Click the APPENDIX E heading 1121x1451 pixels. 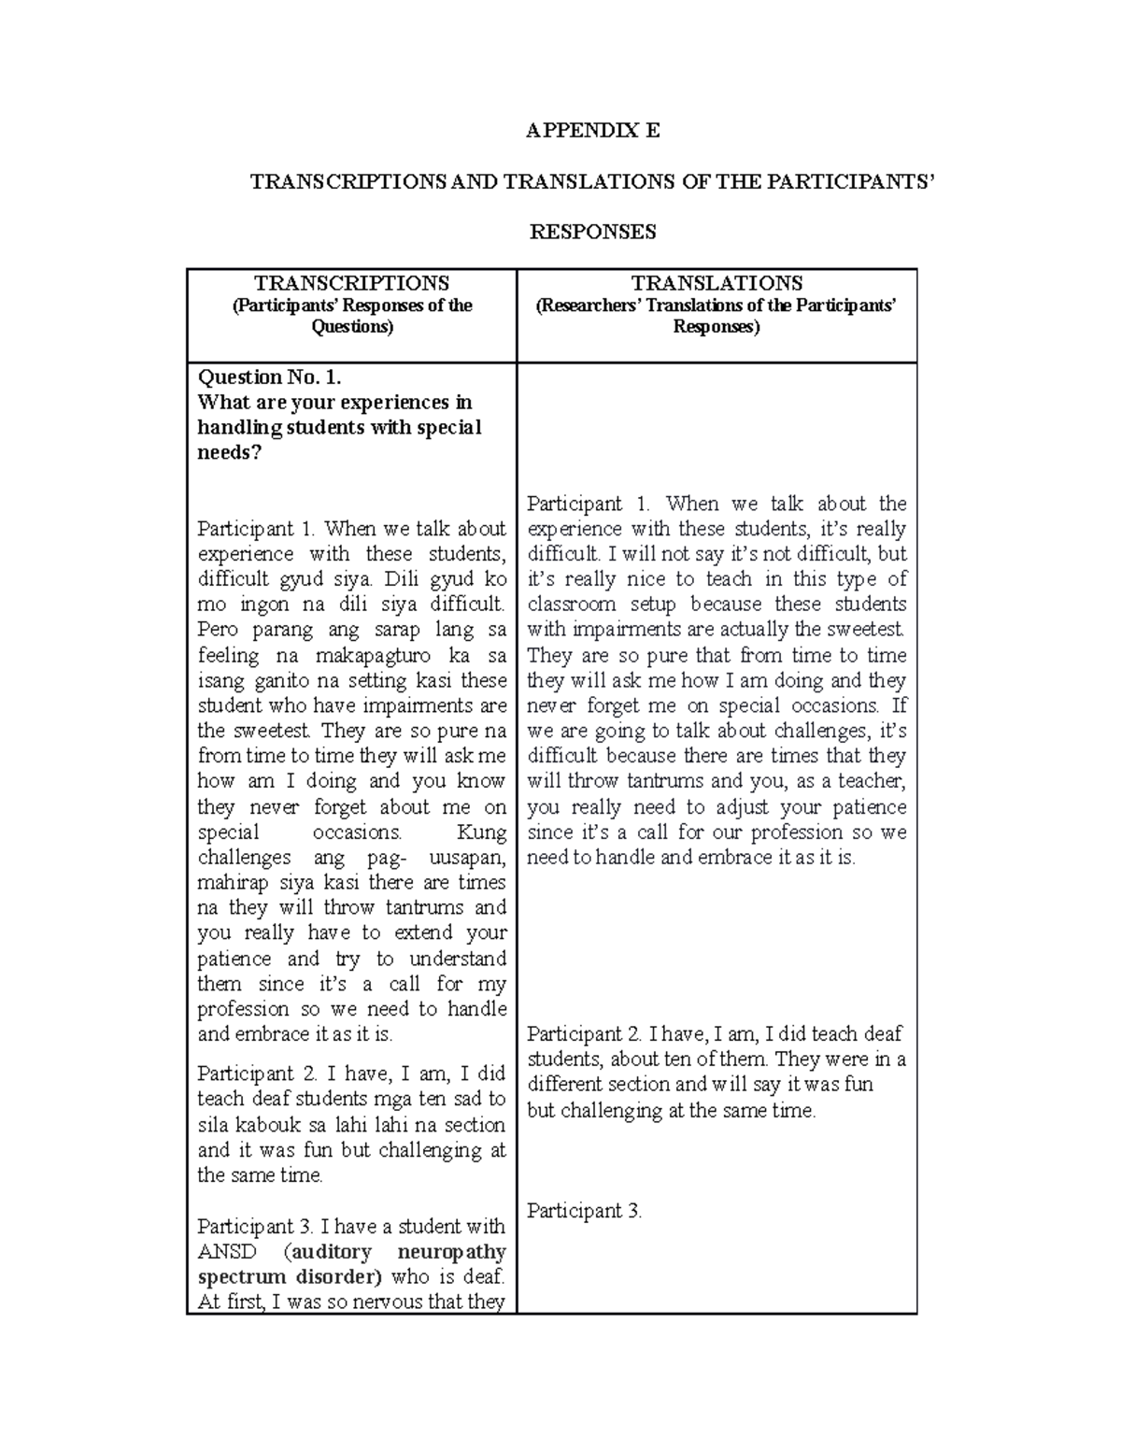(592, 131)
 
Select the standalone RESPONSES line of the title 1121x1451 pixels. (592, 232)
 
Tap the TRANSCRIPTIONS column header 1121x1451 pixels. (352, 283)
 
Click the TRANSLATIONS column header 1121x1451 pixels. (717, 283)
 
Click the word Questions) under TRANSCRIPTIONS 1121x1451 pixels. (352, 327)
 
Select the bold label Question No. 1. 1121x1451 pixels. (270, 377)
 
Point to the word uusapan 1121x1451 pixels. (466, 858)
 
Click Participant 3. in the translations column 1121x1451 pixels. (585, 1211)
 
